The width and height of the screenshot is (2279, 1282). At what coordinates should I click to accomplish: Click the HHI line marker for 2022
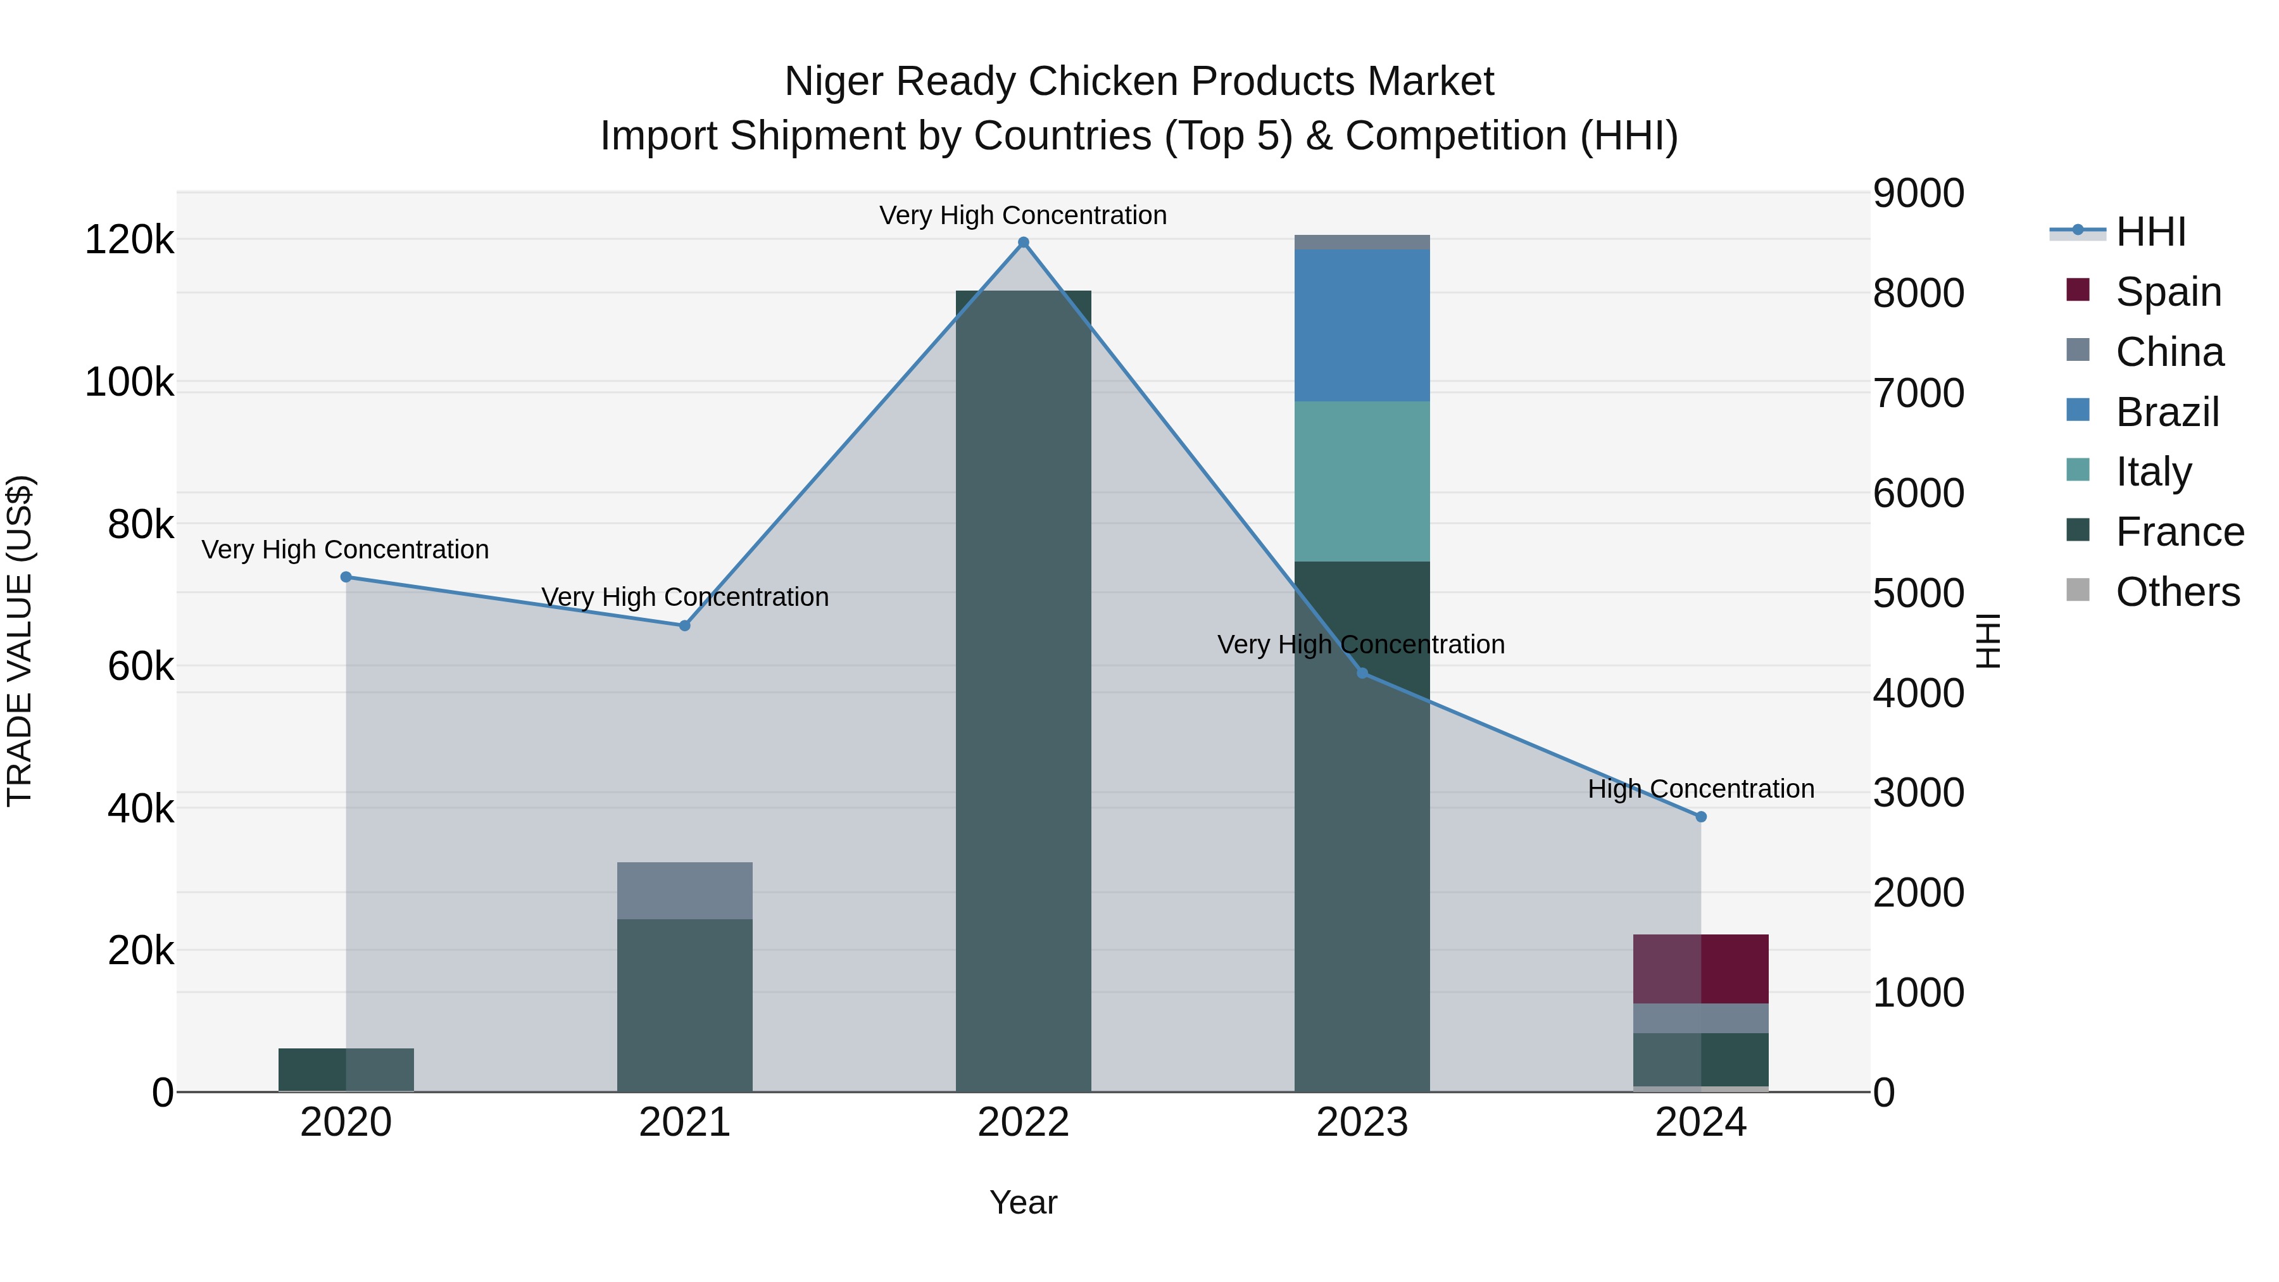click(1024, 242)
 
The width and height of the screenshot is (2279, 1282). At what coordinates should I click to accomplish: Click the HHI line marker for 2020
click(346, 577)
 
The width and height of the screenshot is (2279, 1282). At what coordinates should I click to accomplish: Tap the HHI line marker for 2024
click(1700, 817)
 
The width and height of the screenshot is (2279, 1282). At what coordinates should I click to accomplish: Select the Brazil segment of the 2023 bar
click(1362, 325)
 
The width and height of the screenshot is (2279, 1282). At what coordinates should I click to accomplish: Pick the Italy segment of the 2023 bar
click(1362, 481)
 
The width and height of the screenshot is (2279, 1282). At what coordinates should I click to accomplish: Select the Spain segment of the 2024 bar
click(1700, 969)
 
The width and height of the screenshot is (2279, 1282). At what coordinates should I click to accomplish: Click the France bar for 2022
click(1024, 690)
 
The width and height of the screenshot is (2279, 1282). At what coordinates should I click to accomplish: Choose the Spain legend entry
click(2168, 292)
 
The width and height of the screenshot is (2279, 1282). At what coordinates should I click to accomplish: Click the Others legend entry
click(2176, 592)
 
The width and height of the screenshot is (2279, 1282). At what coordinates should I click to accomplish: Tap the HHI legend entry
click(2150, 232)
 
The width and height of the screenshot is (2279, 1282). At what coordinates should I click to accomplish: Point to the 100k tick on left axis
click(129, 382)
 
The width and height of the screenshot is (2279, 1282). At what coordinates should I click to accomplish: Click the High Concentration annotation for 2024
click(1700, 788)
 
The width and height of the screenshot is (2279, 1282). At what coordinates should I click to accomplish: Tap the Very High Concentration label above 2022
click(1023, 215)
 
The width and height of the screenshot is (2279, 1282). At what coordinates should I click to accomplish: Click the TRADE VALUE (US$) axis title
click(20, 641)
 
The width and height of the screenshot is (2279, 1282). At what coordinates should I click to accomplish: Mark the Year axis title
click(1023, 1202)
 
